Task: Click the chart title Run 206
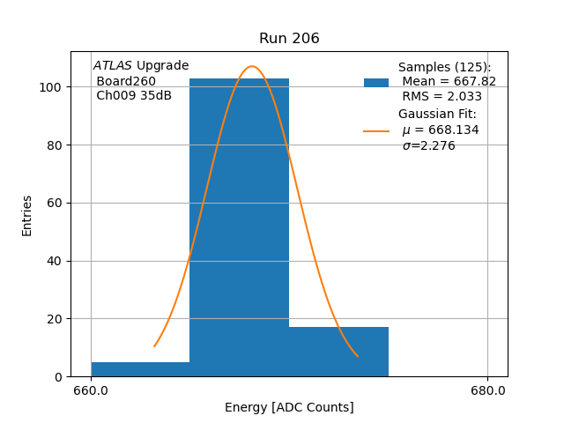(289, 39)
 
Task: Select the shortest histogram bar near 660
(140, 369)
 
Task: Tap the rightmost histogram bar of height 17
(338, 352)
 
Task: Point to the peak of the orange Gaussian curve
(252, 66)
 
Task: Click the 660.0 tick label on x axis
(92, 390)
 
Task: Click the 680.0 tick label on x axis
(488, 390)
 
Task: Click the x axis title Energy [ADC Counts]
(289, 407)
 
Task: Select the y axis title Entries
(27, 215)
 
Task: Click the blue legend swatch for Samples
(376, 82)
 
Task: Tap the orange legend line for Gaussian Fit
(376, 131)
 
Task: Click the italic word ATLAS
(113, 66)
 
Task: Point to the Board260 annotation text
(126, 81)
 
